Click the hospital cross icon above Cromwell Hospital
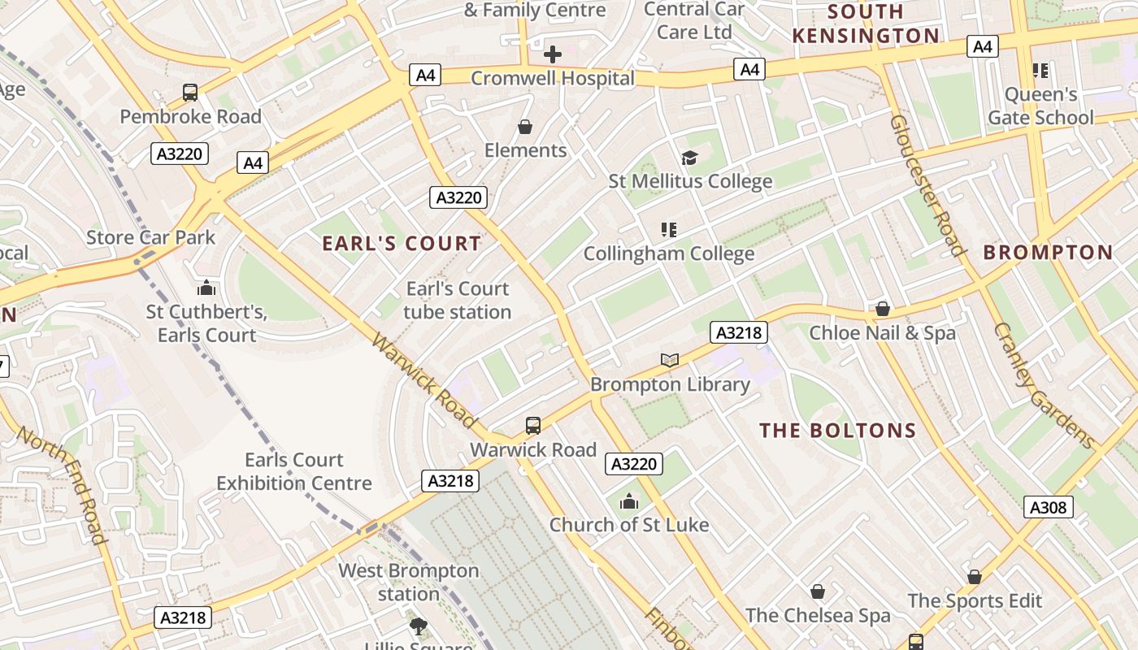[x=552, y=54]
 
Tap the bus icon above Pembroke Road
[x=190, y=93]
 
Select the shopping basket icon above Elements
[x=525, y=127]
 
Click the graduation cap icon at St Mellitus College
[x=689, y=158]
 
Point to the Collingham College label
[x=669, y=253]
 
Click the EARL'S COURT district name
[x=402, y=244]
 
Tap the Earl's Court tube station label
[x=458, y=300]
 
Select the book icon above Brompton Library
[x=669, y=360]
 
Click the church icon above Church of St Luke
[x=628, y=501]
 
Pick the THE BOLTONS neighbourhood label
[x=838, y=431]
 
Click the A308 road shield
[x=1048, y=508]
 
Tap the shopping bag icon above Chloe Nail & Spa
[x=883, y=309]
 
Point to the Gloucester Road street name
[x=926, y=185]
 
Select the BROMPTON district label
[x=1048, y=253]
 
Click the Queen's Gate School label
[x=1040, y=106]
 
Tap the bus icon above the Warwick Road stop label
[x=533, y=426]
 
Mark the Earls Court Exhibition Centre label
[x=293, y=471]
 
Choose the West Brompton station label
[x=409, y=582]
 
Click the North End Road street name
[x=62, y=486]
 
